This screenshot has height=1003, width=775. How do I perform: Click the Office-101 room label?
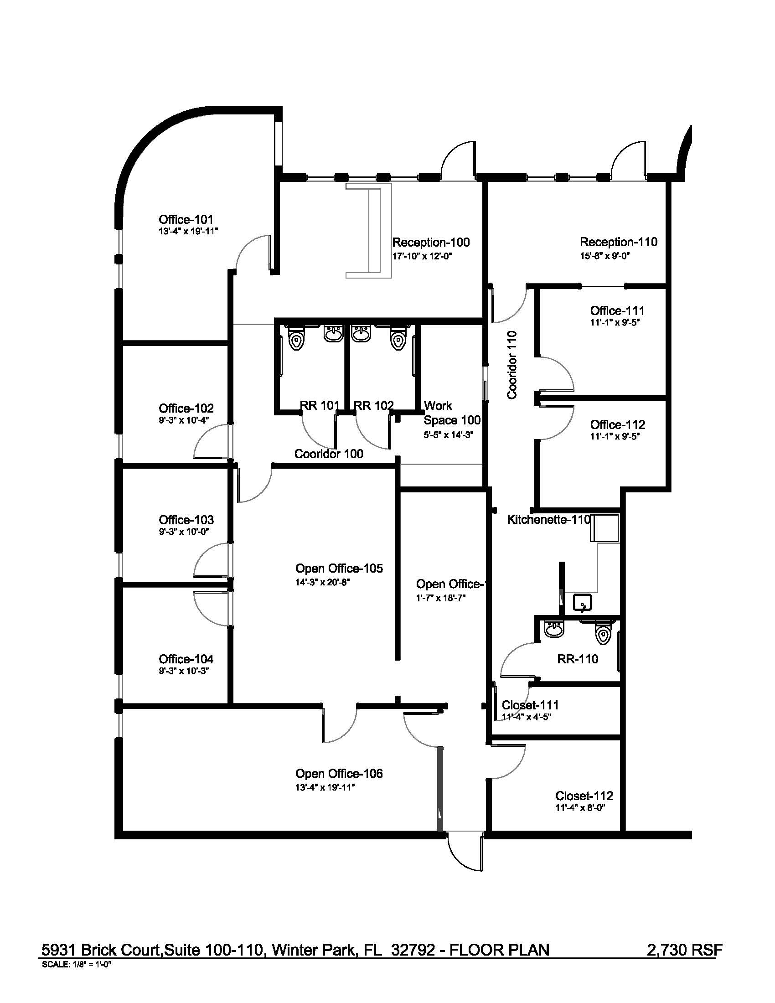click(186, 220)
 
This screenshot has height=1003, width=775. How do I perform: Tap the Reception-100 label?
click(431, 243)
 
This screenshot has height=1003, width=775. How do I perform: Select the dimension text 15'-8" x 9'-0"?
click(604, 256)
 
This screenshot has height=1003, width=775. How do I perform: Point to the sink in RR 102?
click(362, 333)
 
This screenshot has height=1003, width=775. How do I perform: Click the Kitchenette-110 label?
click(548, 519)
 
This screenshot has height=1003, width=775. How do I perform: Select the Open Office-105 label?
click(339, 568)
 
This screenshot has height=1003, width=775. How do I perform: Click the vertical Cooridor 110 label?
click(512, 365)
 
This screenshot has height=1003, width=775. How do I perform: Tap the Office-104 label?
click(186, 659)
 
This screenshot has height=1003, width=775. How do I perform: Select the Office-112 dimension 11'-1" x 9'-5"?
click(615, 436)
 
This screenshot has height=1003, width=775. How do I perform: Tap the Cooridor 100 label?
click(328, 454)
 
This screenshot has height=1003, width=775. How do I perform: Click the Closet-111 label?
click(530, 705)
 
